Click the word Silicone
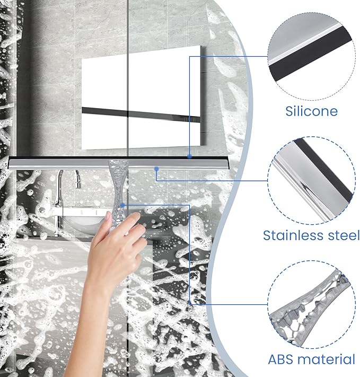coord(311,111)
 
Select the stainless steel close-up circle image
coord(311,181)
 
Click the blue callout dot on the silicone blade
coord(189,156)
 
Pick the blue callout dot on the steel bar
coord(157,169)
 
